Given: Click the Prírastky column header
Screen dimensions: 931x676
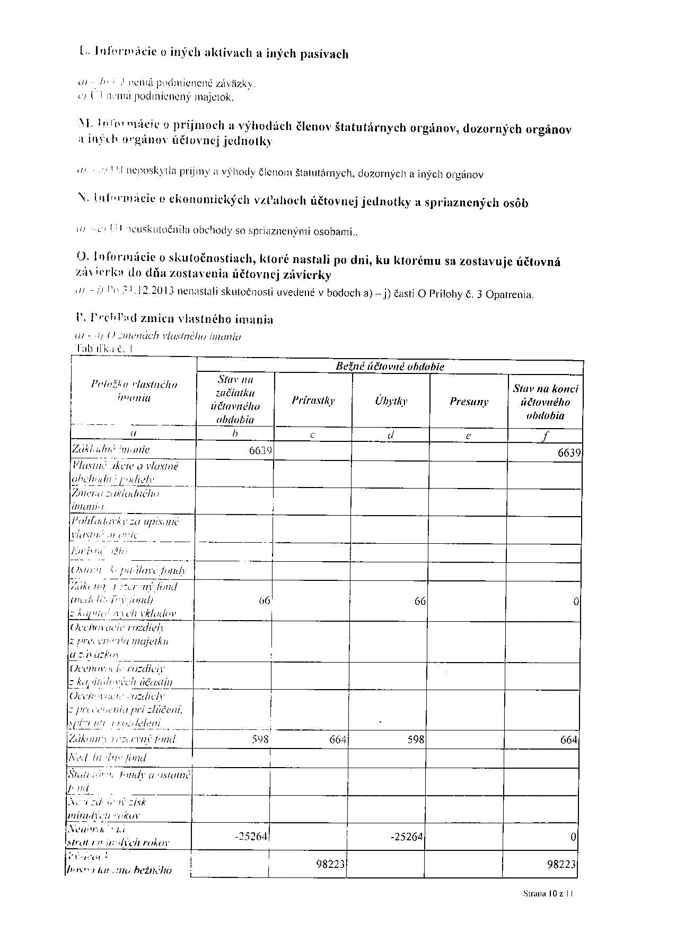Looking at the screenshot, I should (x=313, y=401).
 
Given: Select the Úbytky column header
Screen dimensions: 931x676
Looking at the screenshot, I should (x=391, y=401).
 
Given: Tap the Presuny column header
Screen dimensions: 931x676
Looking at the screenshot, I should (x=469, y=402).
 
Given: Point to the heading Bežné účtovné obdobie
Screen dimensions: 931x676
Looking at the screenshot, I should (x=390, y=367).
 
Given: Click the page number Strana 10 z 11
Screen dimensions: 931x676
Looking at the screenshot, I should (x=548, y=893).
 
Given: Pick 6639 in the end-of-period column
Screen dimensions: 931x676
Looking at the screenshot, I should (x=569, y=453).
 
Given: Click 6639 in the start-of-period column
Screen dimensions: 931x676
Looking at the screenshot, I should (x=260, y=451).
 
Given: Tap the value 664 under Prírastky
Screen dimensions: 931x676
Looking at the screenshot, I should (x=338, y=739).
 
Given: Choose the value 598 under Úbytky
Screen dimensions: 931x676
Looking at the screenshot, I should (x=416, y=739).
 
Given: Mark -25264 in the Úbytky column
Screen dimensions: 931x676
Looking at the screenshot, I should (x=407, y=837).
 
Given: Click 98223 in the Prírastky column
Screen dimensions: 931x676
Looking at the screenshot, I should (x=330, y=864).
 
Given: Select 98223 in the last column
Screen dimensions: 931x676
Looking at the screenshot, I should (x=561, y=865).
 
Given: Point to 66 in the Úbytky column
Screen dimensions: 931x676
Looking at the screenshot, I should (x=420, y=601).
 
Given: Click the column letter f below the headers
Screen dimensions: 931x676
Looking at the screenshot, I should (x=545, y=436).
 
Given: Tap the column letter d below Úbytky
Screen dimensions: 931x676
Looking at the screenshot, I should (x=391, y=435).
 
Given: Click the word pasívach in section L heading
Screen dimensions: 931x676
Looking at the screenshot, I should (x=324, y=54).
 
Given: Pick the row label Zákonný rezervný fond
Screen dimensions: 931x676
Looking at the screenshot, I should (x=122, y=739).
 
